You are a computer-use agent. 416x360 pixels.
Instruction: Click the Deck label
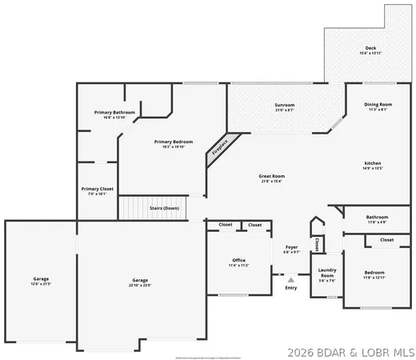[x=370, y=49]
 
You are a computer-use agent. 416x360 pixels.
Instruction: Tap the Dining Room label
[x=378, y=106]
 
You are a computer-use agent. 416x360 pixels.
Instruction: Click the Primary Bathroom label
[x=114, y=113]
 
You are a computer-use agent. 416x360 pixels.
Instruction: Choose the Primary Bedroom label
[x=174, y=142]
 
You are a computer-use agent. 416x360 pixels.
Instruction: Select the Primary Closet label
[x=98, y=189]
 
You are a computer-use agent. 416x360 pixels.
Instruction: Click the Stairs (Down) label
[x=164, y=208]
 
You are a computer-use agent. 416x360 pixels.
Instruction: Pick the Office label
[x=238, y=260]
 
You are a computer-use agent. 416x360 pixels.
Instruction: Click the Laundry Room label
[x=326, y=274]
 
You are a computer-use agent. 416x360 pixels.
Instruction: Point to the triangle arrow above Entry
[x=290, y=280]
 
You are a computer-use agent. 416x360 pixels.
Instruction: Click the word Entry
[x=290, y=288]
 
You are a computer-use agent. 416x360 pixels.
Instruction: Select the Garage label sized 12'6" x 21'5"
[x=41, y=281]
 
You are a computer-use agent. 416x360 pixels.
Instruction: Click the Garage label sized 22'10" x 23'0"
[x=141, y=281]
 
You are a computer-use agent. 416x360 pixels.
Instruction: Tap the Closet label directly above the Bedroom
[x=386, y=240]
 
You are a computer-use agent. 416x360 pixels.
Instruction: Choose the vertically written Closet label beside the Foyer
[x=317, y=244]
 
